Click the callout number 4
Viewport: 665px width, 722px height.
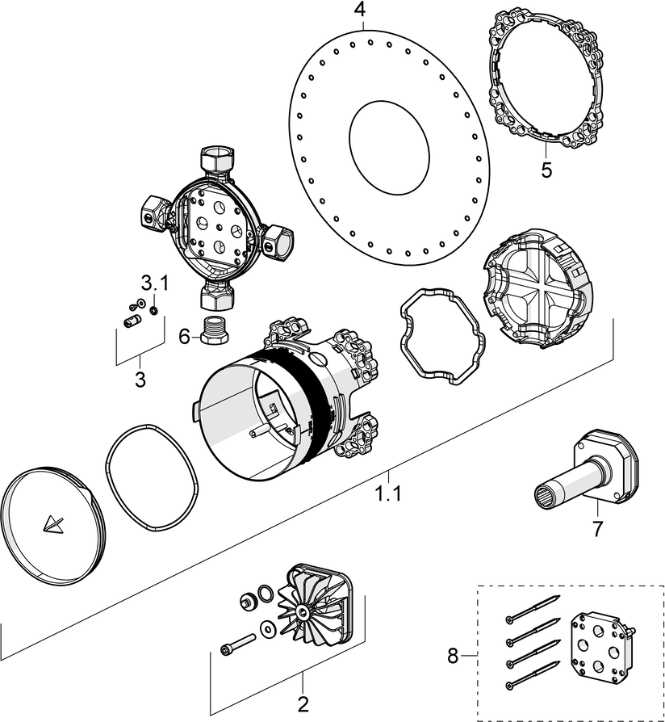pos(359,10)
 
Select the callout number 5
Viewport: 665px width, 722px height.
pos(546,170)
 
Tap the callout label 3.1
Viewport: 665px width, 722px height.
pos(155,283)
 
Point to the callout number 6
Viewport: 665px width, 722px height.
pos(184,335)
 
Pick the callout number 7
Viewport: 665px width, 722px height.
pos(597,530)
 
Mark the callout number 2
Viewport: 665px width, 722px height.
pos(303,704)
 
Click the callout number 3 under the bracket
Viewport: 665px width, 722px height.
pos(140,379)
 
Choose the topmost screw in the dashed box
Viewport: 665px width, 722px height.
pos(533,608)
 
